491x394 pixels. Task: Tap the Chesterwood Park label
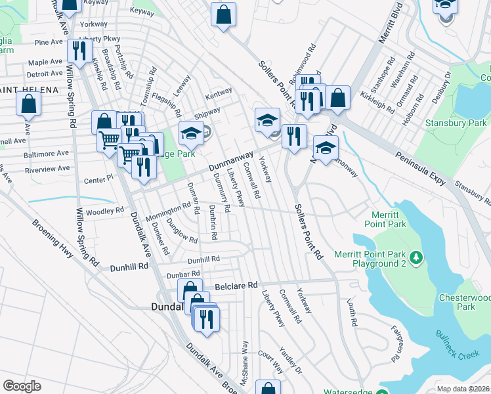click(x=465, y=301)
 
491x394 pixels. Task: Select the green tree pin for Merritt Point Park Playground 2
click(x=415, y=255)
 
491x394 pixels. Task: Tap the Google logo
click(x=22, y=386)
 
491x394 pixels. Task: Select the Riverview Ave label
click(x=45, y=169)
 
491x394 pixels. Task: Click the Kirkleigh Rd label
click(x=375, y=100)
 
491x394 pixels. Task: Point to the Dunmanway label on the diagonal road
click(x=231, y=161)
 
